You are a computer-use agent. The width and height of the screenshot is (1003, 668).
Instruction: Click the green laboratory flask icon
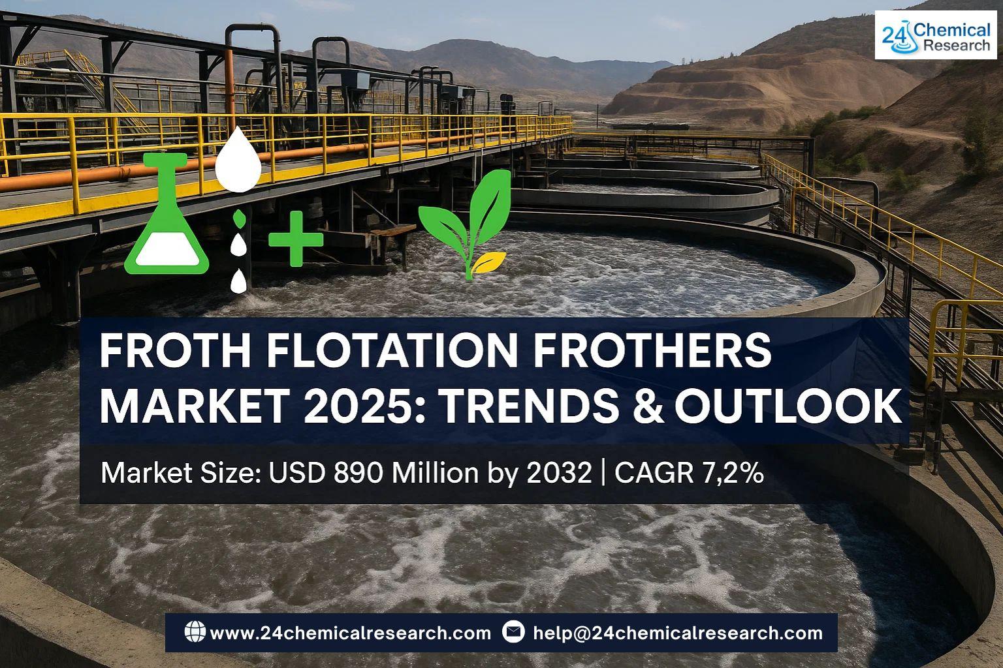(x=167, y=215)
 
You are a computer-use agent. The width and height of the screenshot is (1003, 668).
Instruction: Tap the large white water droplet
(x=238, y=161)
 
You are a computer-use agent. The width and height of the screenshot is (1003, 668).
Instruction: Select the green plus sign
(x=296, y=239)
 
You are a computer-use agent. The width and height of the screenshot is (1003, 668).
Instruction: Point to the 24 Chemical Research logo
(x=936, y=35)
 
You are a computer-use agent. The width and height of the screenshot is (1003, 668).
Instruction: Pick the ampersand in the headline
(x=647, y=406)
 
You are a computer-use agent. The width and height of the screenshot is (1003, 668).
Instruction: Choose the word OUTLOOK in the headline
(x=788, y=406)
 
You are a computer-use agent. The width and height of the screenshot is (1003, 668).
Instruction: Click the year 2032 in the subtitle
(x=559, y=473)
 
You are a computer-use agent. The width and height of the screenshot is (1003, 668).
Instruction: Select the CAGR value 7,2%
(x=735, y=473)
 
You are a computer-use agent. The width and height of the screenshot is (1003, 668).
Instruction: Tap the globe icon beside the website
(x=195, y=631)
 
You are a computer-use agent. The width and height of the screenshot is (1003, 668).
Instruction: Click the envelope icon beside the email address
(x=513, y=631)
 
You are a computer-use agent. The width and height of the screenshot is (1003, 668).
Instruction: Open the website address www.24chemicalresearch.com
(x=350, y=633)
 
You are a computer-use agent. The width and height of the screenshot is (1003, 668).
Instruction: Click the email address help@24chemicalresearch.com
(x=678, y=633)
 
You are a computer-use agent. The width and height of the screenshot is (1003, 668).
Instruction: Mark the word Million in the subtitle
(x=435, y=473)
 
